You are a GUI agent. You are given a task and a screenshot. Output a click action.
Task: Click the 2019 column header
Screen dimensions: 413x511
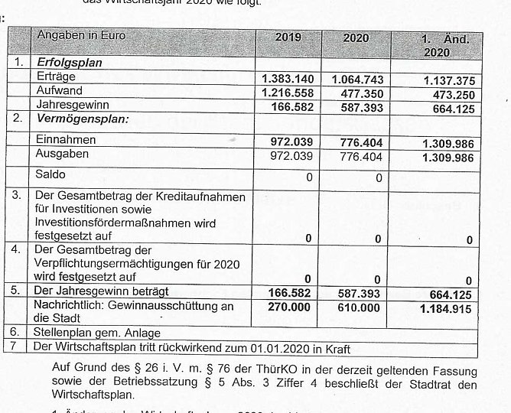click(x=288, y=37)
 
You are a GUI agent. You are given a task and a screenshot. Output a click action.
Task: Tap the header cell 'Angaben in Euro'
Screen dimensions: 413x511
click(x=81, y=35)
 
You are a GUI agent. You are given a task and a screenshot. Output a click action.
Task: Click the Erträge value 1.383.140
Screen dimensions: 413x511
click(x=288, y=79)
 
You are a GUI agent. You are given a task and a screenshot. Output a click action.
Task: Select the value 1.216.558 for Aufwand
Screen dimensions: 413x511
click(x=288, y=92)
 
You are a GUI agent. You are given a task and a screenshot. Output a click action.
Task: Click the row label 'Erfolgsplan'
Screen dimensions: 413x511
click(x=69, y=63)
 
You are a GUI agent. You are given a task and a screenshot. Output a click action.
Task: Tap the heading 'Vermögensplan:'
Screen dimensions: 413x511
click(x=83, y=119)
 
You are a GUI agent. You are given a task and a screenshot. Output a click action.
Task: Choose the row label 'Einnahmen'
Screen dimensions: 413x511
click(x=66, y=140)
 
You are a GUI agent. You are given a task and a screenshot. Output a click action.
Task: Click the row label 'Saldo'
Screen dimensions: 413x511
click(x=51, y=174)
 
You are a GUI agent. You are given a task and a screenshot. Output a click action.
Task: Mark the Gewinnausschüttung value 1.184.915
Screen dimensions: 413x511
click(x=446, y=309)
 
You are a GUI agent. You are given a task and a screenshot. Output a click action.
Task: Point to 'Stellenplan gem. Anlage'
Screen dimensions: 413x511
click(x=97, y=333)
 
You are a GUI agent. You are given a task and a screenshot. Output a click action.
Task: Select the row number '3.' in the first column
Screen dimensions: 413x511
click(x=17, y=195)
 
